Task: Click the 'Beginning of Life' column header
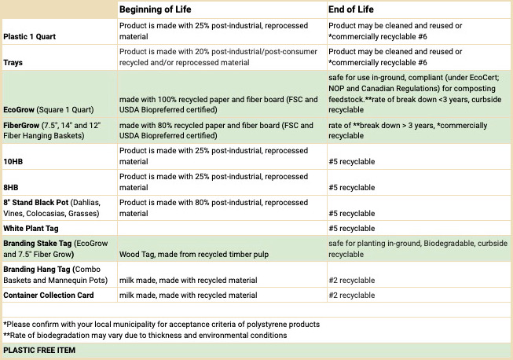point(155,9)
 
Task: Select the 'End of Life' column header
point(350,9)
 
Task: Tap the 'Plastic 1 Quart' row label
point(29,37)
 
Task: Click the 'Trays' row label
point(13,63)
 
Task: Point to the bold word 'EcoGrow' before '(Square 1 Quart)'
point(19,109)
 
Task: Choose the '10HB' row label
point(13,162)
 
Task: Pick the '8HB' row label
point(11,188)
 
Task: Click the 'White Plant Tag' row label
point(31,229)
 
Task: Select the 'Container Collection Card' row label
point(49,296)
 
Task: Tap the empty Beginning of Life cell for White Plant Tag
point(222,229)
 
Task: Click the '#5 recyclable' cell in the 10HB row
point(352,162)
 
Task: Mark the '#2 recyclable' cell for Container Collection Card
point(352,296)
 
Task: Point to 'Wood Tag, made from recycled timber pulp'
point(194,255)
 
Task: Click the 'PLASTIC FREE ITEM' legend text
point(39,351)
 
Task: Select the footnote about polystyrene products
point(162,325)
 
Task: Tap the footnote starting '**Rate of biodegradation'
point(145,336)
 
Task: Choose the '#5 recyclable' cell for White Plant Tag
point(352,229)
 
